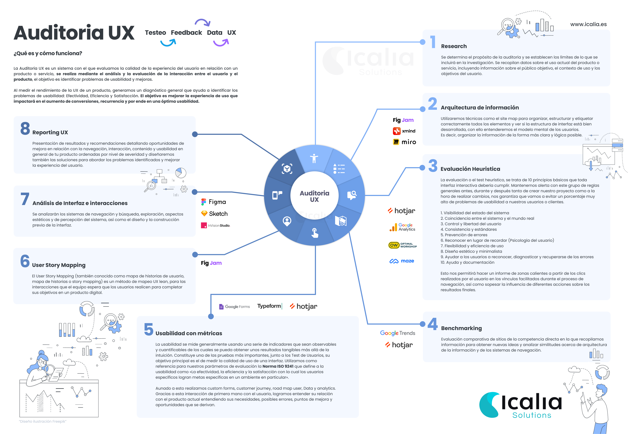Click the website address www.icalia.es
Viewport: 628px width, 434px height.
click(588, 24)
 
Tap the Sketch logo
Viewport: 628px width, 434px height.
click(214, 214)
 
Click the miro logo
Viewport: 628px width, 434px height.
click(404, 142)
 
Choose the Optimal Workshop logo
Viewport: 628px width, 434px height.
click(403, 245)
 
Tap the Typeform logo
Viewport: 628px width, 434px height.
click(269, 306)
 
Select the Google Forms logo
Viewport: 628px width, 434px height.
click(235, 306)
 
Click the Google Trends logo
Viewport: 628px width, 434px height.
click(397, 333)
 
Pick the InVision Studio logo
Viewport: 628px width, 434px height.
click(215, 225)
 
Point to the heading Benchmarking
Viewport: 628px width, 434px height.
click(461, 328)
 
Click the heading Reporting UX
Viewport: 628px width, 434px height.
click(50, 132)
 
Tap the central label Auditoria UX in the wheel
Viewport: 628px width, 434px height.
click(314, 196)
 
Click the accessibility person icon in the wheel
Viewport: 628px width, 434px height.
click(314, 158)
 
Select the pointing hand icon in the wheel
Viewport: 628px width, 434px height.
click(315, 233)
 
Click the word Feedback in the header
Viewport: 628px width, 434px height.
click(186, 33)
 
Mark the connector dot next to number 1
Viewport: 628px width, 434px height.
click(422, 42)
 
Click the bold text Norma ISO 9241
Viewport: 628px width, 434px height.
click(278, 366)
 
